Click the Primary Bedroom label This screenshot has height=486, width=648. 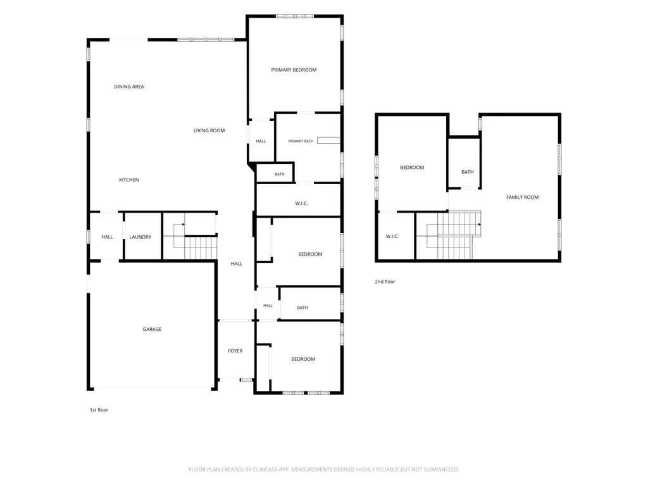pos(294,70)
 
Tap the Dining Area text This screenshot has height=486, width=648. pos(129,86)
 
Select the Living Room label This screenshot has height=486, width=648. pos(209,130)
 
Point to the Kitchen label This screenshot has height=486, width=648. pos(129,180)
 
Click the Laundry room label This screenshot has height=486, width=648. pos(140,237)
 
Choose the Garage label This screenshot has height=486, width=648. pos(152,329)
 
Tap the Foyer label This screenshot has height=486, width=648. pos(235,351)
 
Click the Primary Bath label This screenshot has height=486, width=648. pos(301,141)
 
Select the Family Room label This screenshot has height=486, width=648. pos(522,197)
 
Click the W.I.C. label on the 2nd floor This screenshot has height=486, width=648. pos(392,237)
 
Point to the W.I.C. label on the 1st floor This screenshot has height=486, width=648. pos(301,203)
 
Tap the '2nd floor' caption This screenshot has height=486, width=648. pos(385,282)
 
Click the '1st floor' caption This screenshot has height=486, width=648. pos(99,409)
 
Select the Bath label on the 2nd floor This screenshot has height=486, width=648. pos(468,172)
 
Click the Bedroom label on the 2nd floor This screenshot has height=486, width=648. pos(412,167)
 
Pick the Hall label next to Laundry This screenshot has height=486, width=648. pos(107,237)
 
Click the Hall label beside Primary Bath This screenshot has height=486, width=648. pos(261,141)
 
